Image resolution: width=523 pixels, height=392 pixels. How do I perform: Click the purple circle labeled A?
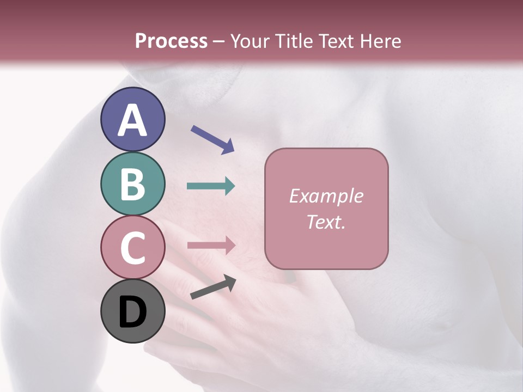(x=132, y=119)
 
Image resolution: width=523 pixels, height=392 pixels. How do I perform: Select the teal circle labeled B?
(x=132, y=184)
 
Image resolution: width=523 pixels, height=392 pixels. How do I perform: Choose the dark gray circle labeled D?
(x=132, y=311)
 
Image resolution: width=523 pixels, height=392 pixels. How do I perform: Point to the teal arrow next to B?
(x=211, y=186)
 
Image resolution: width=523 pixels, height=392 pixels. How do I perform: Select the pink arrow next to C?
(x=211, y=245)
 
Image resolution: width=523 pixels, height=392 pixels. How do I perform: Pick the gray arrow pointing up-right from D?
(x=213, y=287)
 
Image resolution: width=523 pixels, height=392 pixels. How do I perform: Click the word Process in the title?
(x=171, y=41)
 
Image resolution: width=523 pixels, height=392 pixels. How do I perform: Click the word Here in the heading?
(x=381, y=41)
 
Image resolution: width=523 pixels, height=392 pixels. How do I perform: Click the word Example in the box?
(x=326, y=196)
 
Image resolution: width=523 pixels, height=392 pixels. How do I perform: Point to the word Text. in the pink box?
(x=326, y=222)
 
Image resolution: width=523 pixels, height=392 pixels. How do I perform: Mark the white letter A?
(x=132, y=120)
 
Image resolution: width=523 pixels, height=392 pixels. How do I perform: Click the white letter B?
(x=132, y=185)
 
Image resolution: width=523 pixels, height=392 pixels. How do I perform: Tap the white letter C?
(x=132, y=248)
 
